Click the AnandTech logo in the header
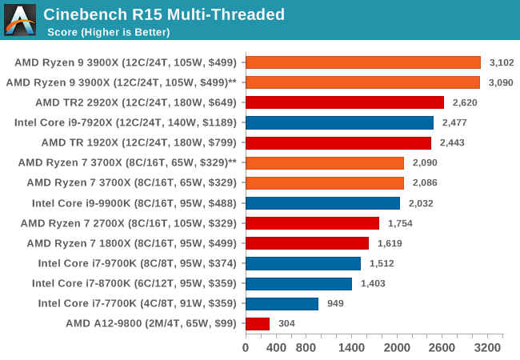(20, 20)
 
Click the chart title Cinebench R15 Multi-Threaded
(164, 14)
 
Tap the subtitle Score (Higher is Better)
(108, 32)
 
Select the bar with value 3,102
(363, 62)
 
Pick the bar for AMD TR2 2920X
(345, 102)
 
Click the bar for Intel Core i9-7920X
(339, 122)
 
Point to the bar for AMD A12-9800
(258, 323)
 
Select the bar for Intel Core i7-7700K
(282, 303)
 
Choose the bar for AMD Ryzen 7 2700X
(312, 223)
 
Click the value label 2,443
(451, 142)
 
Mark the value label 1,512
(381, 263)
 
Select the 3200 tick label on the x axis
(488, 348)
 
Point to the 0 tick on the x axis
(246, 348)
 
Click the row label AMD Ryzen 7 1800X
(132, 243)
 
